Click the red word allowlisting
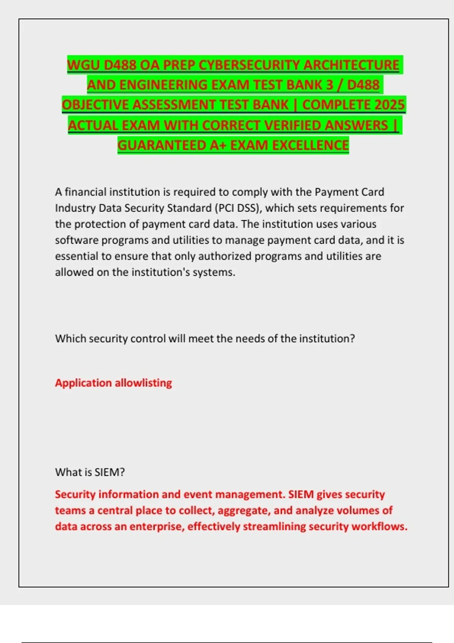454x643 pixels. pyautogui.click(x=143, y=383)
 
